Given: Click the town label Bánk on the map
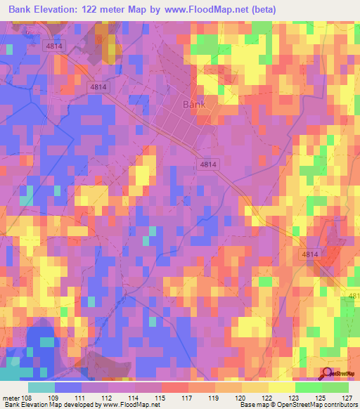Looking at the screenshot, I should (x=195, y=104).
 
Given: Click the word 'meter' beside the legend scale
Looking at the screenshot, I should (x=12, y=398).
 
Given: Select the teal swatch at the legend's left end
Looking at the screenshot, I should (x=41, y=387).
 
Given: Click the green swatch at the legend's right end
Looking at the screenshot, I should (x=335, y=387).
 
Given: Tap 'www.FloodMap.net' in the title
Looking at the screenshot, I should (x=214, y=9).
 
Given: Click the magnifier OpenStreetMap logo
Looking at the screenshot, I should (x=328, y=373).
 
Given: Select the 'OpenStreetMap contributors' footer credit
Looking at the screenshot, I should (x=317, y=405).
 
